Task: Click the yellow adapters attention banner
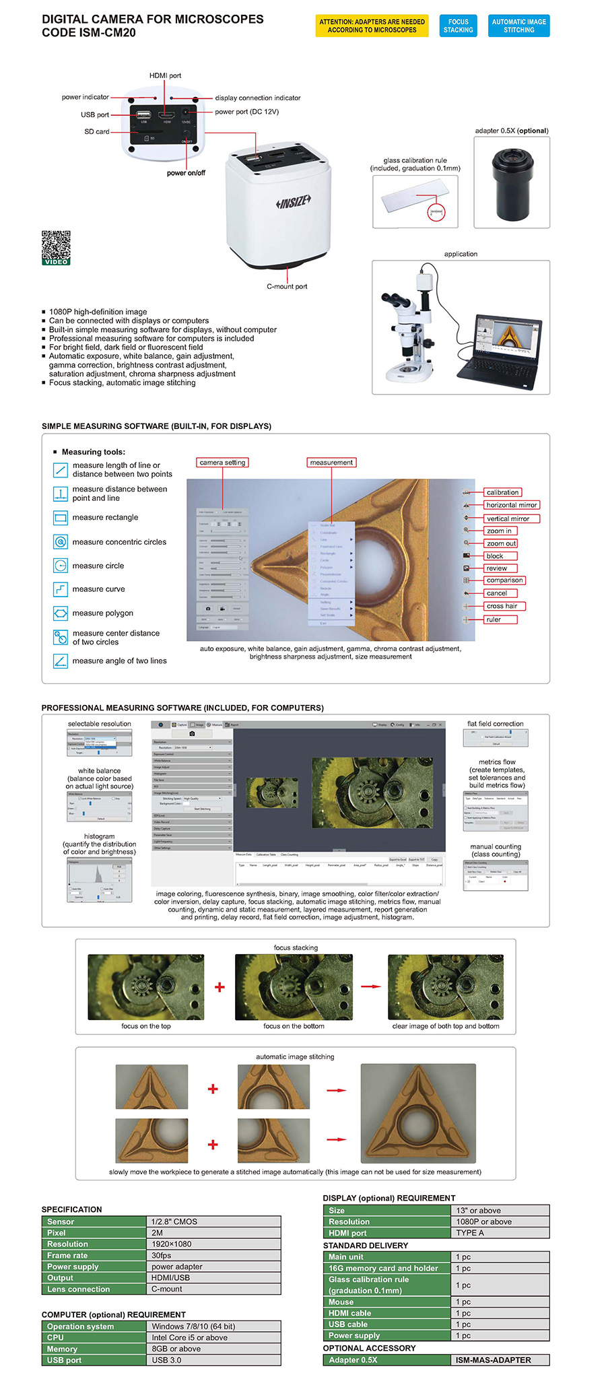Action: tap(372, 26)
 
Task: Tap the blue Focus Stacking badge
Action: tap(458, 26)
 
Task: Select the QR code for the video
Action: tap(56, 247)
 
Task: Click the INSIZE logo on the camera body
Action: tap(294, 201)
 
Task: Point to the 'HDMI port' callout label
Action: tap(165, 75)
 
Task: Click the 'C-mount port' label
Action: tap(287, 286)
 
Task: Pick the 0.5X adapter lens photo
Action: tap(512, 184)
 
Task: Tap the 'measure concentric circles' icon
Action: tap(61, 541)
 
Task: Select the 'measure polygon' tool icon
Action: tap(61, 613)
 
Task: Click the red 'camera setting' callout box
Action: tap(222, 463)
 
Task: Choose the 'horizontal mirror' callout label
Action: tap(511, 505)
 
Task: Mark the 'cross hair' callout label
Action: tap(502, 606)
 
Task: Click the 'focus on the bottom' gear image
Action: tap(294, 986)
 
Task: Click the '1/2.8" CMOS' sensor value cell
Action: tap(213, 1221)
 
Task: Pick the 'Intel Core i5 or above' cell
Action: tap(213, 1337)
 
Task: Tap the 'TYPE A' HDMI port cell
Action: tap(499, 1233)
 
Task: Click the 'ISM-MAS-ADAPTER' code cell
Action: tap(499, 1359)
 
